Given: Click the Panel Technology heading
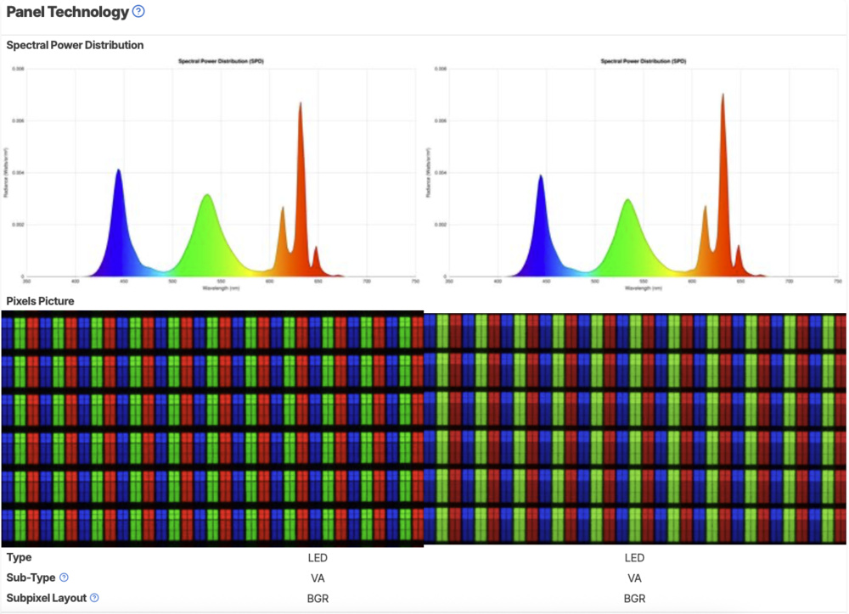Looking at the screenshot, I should click(68, 12).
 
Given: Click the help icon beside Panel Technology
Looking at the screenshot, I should click(138, 12).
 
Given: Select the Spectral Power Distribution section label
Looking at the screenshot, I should click(75, 45).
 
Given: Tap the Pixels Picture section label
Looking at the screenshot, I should click(40, 301).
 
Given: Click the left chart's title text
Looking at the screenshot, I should click(219, 62).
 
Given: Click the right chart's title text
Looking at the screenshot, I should click(642, 62).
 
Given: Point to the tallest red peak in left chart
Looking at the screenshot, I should click(300, 106).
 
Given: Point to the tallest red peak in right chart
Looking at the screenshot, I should click(722, 98).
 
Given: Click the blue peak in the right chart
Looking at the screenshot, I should click(540, 178).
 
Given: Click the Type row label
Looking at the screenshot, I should click(19, 557).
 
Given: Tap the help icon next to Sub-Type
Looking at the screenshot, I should click(63, 578).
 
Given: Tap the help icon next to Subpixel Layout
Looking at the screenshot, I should click(94, 598).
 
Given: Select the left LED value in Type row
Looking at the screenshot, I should click(318, 557).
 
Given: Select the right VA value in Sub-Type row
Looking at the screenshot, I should click(634, 578).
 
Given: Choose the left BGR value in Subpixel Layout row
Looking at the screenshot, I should click(318, 598).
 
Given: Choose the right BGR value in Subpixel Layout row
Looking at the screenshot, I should click(634, 598).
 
